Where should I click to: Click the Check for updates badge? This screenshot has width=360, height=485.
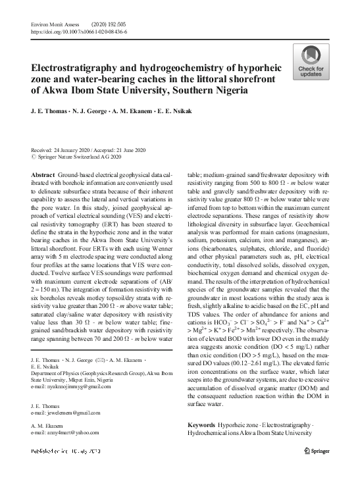[311, 63]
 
